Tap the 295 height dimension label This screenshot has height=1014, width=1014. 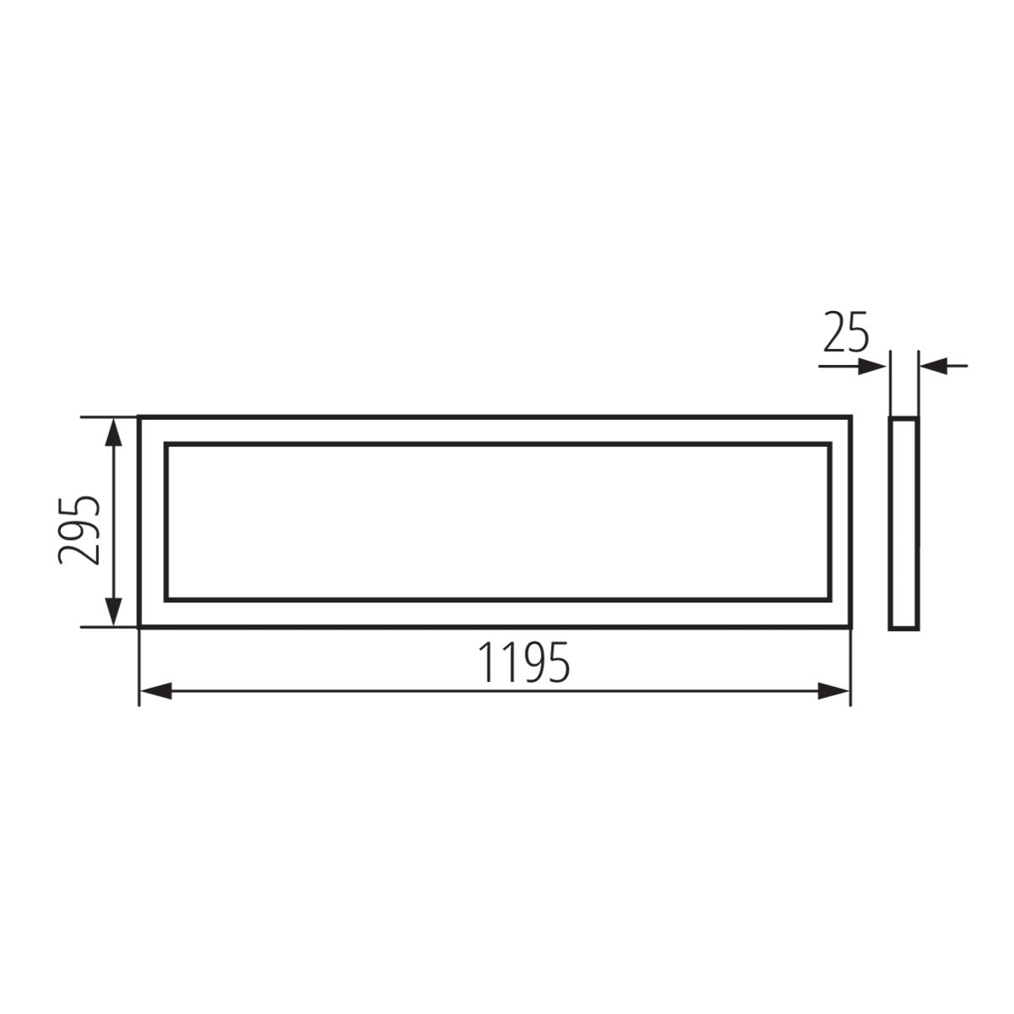[79, 529]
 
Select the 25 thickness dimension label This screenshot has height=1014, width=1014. [846, 333]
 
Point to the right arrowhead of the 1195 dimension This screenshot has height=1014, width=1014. [835, 692]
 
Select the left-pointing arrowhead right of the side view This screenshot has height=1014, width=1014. [933, 366]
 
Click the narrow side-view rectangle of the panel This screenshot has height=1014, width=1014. [903, 522]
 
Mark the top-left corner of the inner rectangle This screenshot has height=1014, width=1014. [166, 444]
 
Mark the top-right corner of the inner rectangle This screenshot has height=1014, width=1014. [829, 444]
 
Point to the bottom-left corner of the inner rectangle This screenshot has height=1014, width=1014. [166, 600]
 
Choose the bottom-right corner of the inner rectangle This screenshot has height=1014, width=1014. [829, 600]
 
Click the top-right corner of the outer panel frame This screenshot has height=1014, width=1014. [850, 417]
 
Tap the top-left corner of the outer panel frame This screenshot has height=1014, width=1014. [139, 417]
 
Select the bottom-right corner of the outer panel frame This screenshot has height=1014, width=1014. [850, 627]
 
